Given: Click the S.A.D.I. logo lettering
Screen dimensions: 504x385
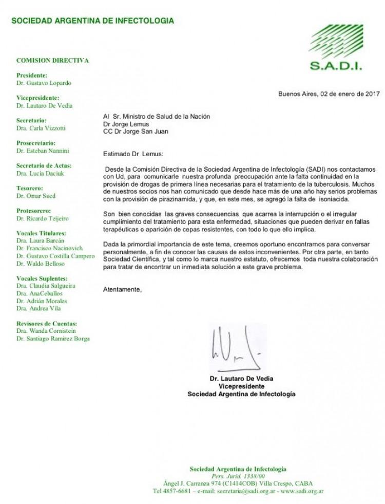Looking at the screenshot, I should pos(336,66).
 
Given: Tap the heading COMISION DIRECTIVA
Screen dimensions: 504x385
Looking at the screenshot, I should pos(52,61).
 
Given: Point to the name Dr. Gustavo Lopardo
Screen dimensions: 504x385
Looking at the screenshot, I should pos(44,83).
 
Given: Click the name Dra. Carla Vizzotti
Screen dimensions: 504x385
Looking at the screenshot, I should pos(41,128).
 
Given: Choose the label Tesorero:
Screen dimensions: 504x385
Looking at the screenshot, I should pos(30,189).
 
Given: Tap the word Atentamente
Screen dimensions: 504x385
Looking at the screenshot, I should pos(122,290).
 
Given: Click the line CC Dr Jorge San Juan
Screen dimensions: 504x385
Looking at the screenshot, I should pos(135,131).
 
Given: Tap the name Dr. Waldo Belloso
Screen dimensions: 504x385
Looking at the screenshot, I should pos(41,264).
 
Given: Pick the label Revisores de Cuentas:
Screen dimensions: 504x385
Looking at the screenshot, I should pos(47,324).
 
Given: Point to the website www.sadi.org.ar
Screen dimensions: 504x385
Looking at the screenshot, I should pos(301,491).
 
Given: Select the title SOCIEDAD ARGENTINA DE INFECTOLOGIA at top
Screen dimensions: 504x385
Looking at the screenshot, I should pos(92,21).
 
